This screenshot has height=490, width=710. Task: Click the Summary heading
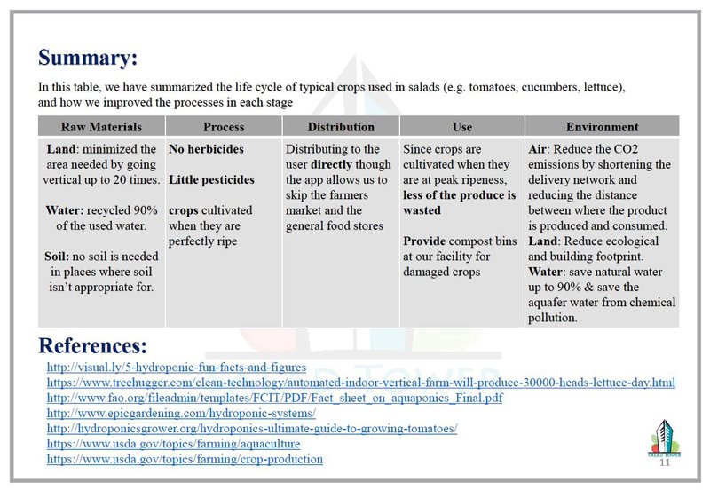tap(88, 59)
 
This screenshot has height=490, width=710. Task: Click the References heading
tap(92, 344)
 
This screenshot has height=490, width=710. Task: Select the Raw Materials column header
tap(101, 127)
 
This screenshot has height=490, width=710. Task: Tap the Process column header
tap(224, 127)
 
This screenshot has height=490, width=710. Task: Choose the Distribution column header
tap(341, 127)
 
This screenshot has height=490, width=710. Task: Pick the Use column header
tap(461, 127)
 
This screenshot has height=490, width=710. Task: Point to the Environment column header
tap(602, 127)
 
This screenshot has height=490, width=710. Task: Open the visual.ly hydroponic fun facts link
tap(176, 367)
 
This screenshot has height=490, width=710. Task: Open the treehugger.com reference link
tap(360, 383)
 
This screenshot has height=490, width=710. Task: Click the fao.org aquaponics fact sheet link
tap(274, 398)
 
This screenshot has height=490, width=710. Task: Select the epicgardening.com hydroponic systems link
tap(181, 414)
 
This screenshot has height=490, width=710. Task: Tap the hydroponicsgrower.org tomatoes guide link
tap(251, 429)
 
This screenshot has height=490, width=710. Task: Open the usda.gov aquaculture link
tap(173, 444)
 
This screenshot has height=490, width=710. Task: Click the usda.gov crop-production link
tap(185, 459)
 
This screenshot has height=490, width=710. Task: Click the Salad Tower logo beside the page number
tap(664, 436)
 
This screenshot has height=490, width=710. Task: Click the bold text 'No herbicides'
tap(206, 149)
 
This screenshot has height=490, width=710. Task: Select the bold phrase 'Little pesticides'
tap(211, 180)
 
